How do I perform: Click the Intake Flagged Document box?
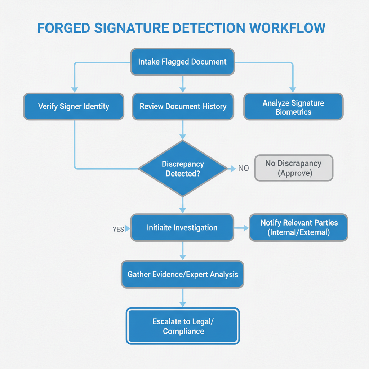pyautogui.click(x=182, y=62)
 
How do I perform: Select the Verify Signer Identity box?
pyautogui.click(x=74, y=107)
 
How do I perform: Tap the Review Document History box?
pyautogui.click(x=183, y=107)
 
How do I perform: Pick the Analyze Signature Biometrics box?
pyautogui.click(x=293, y=107)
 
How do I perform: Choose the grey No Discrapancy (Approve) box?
pyautogui.click(x=293, y=168)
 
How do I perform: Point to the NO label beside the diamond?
pyautogui.click(x=244, y=168)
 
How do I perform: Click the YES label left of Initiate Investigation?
pyautogui.click(x=118, y=229)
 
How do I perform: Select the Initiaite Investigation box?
pyautogui.click(x=182, y=228)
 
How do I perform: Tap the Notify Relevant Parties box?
pyautogui.click(x=299, y=227)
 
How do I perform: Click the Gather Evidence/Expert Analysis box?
pyautogui.click(x=183, y=275)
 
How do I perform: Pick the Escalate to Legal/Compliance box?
pyautogui.click(x=183, y=326)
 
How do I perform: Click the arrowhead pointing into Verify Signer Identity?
pyautogui.click(x=74, y=89)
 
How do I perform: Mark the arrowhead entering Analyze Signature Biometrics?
pyautogui.click(x=293, y=89)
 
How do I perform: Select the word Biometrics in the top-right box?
pyautogui.click(x=293, y=112)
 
